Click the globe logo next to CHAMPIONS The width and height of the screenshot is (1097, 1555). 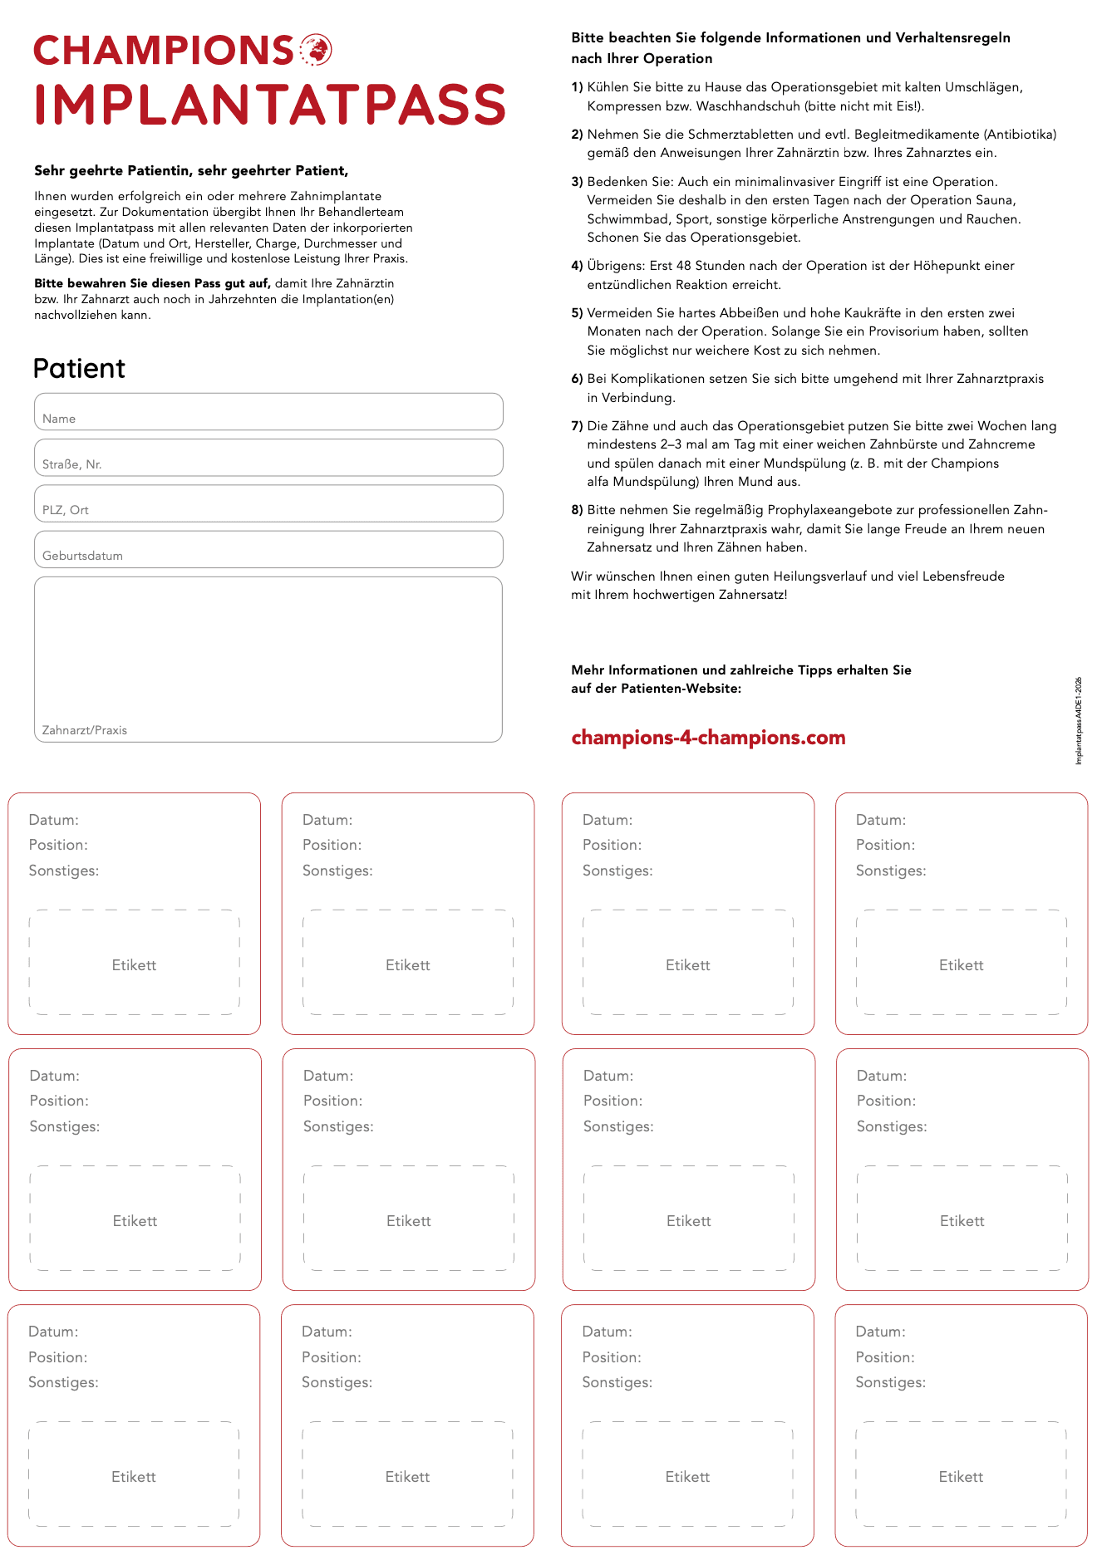click(x=316, y=50)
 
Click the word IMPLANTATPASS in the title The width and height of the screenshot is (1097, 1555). click(x=270, y=105)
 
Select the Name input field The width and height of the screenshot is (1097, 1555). click(x=268, y=412)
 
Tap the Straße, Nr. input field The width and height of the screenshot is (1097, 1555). click(x=268, y=458)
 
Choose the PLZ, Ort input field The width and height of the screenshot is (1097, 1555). click(x=268, y=503)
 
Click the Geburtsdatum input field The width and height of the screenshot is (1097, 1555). click(x=268, y=549)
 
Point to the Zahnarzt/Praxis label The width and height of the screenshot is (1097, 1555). click(x=85, y=730)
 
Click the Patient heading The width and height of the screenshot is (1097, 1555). click(x=79, y=368)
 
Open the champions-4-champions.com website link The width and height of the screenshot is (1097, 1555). click(x=708, y=738)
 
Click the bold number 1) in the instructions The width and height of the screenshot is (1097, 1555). click(x=577, y=87)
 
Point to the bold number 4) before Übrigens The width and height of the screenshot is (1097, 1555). click(x=577, y=266)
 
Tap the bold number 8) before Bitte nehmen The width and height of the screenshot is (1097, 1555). click(x=577, y=510)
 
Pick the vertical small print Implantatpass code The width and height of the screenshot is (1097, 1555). click(x=1079, y=720)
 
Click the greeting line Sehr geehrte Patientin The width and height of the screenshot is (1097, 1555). click(x=191, y=171)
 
